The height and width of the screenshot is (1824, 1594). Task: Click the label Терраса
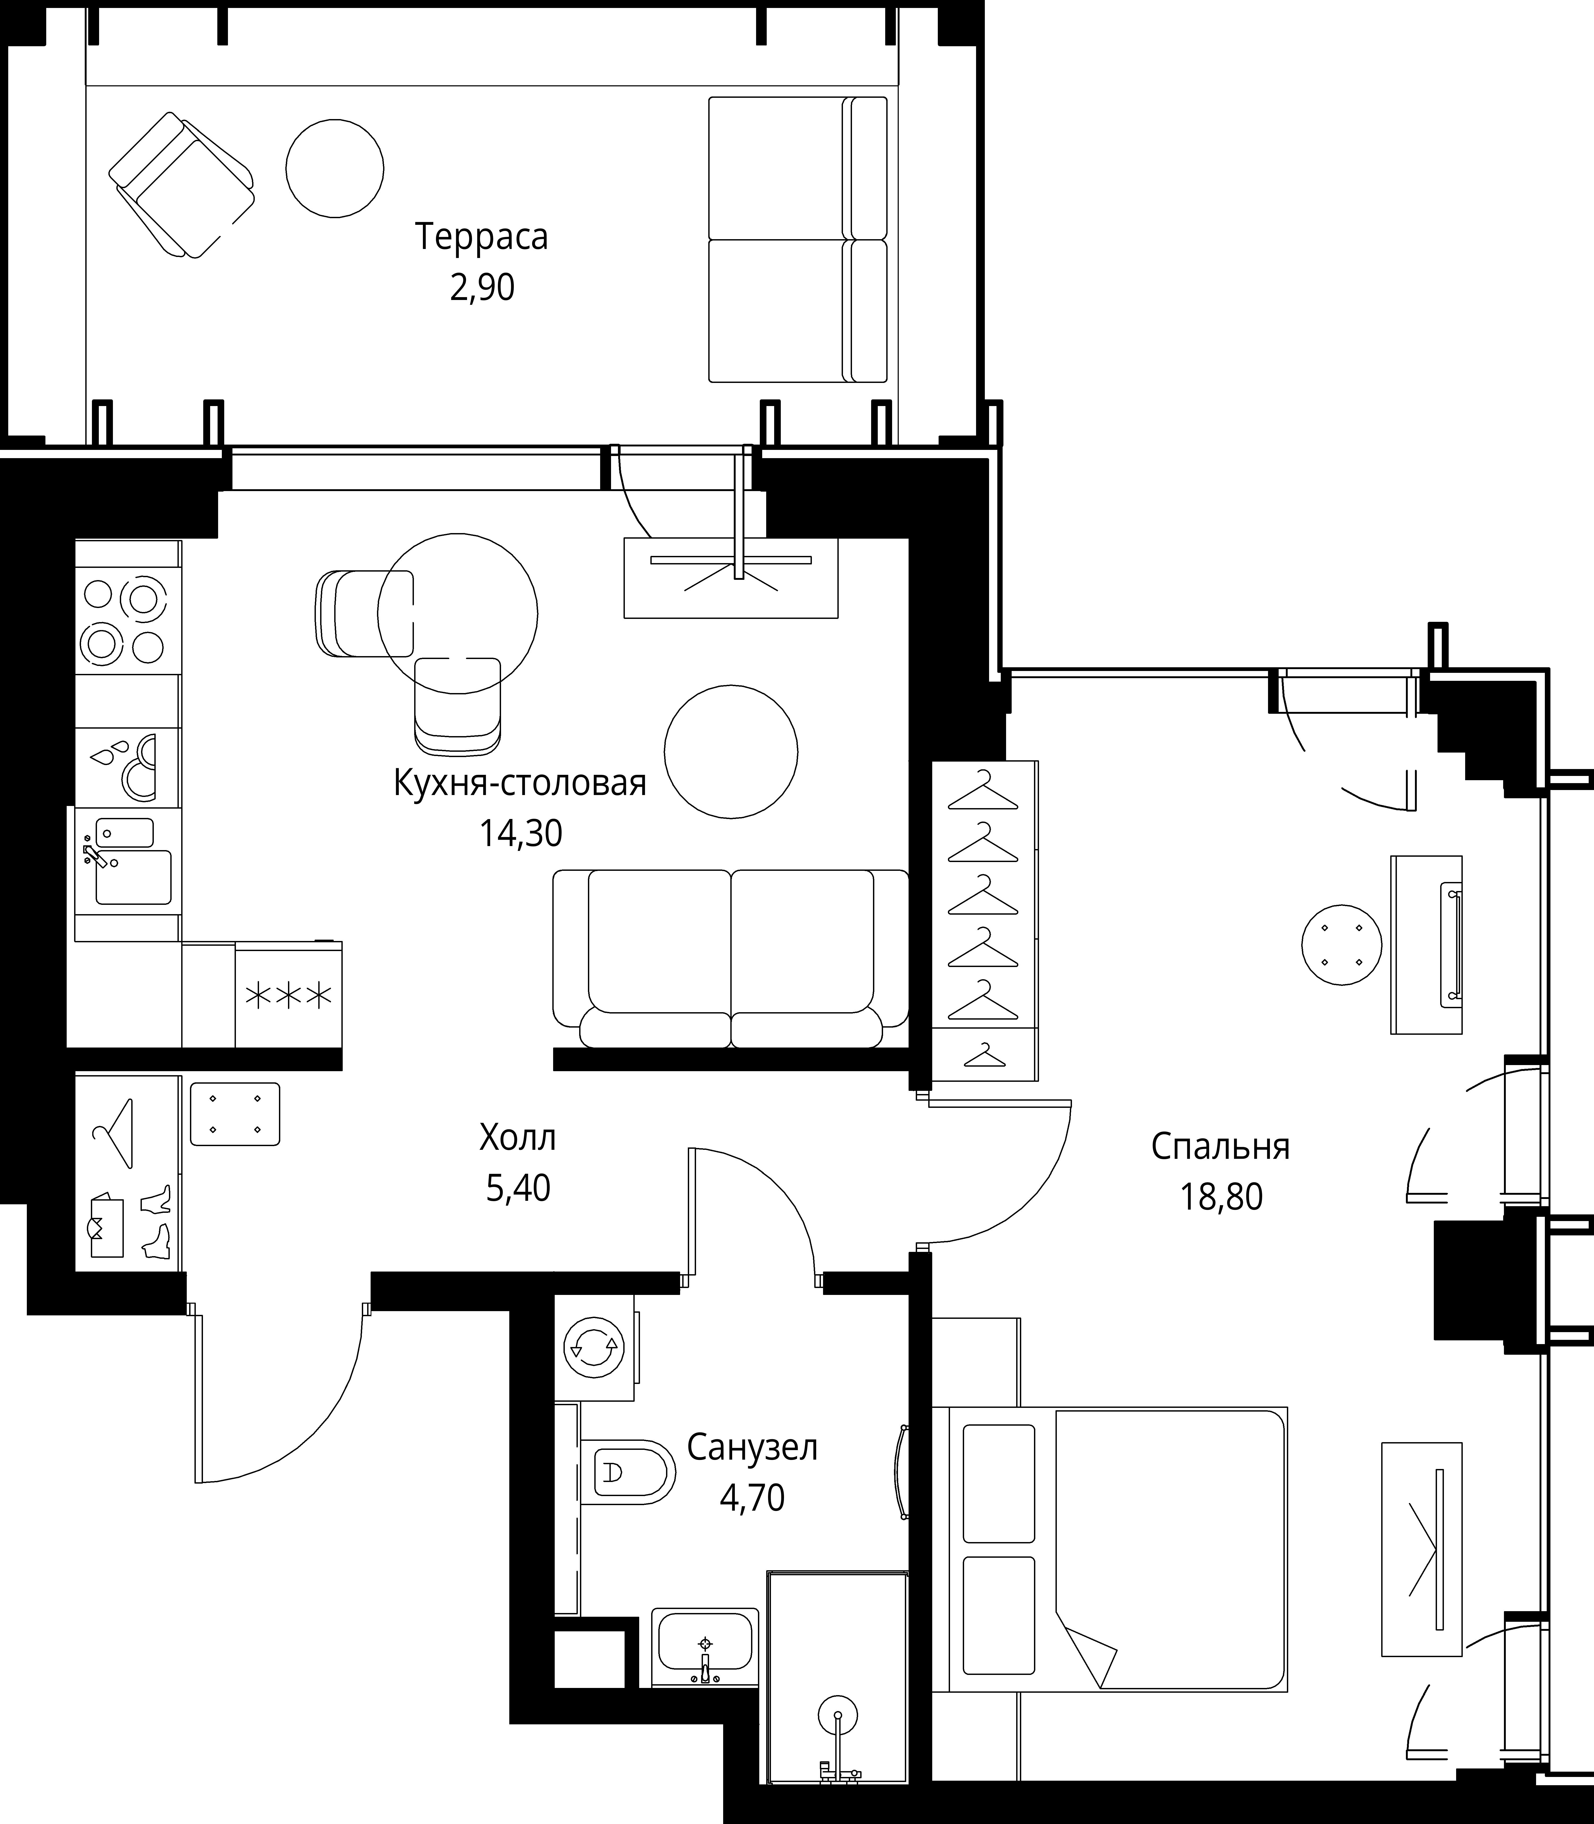481,238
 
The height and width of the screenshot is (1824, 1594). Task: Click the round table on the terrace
334,168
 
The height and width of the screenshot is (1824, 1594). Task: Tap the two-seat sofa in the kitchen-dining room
730,958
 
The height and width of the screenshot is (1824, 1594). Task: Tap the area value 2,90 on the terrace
482,288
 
